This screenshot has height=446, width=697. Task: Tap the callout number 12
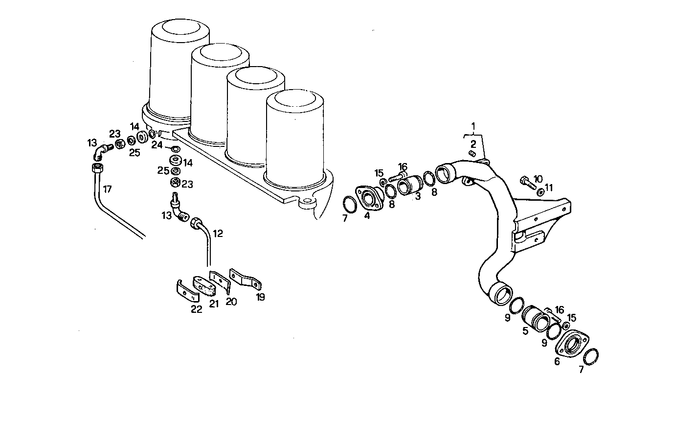point(218,234)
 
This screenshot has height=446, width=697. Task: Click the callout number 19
point(261,297)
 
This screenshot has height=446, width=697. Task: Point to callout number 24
point(157,145)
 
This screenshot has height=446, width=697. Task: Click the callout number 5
point(525,331)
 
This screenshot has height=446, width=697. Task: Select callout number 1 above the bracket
point(473,126)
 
